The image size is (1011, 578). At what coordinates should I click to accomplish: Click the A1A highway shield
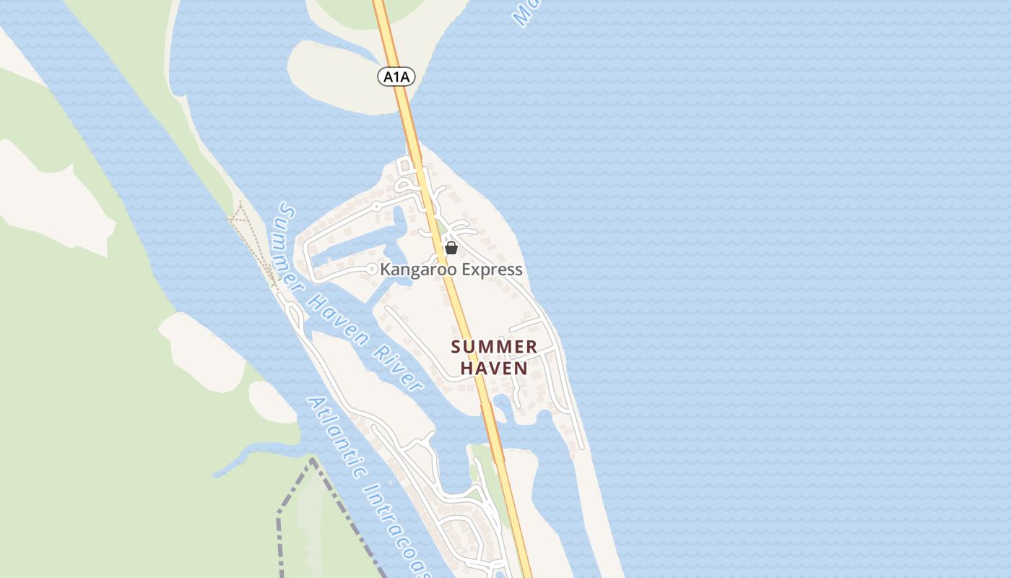(396, 76)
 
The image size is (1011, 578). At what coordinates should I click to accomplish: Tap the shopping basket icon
(451, 249)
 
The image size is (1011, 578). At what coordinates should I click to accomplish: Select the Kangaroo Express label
(451, 269)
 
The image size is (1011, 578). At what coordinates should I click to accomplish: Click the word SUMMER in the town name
(494, 347)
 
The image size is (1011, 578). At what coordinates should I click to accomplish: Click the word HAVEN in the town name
(494, 368)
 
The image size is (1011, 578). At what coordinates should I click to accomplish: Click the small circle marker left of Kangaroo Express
(371, 269)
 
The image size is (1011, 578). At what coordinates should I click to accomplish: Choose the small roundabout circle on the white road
(376, 206)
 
